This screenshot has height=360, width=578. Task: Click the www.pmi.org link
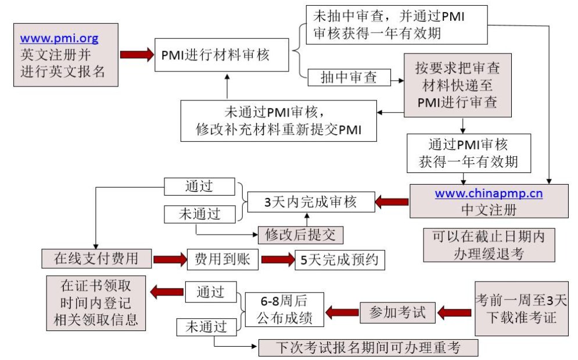click(59, 39)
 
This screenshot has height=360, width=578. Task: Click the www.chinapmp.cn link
click(489, 193)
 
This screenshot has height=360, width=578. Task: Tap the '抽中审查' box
click(349, 78)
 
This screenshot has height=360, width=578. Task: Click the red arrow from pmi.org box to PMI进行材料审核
click(135, 55)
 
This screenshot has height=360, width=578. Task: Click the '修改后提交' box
click(301, 235)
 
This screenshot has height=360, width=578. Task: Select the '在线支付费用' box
click(96, 259)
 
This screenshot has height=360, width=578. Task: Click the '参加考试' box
click(397, 312)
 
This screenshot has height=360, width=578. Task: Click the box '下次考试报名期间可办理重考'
click(368, 348)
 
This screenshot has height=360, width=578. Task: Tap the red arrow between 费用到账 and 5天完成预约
click(278, 259)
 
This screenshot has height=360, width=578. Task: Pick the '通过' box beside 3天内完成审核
click(199, 186)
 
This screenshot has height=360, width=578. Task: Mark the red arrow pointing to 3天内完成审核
click(392, 202)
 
